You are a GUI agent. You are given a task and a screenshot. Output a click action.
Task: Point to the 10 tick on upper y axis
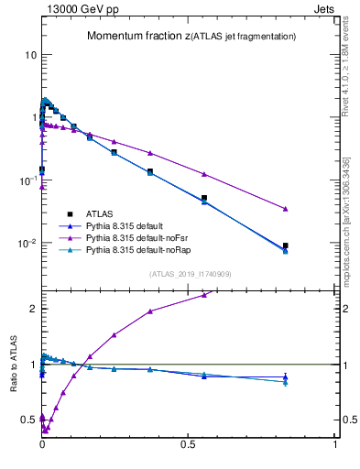tap(30, 55)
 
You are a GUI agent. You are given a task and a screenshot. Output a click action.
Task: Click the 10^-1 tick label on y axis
tap(27, 180)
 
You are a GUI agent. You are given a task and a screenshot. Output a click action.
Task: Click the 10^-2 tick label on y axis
tap(27, 244)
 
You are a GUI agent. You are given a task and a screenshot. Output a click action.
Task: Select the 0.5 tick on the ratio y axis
tap(28, 420)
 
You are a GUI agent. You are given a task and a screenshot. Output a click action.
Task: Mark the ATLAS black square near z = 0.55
tap(204, 198)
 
